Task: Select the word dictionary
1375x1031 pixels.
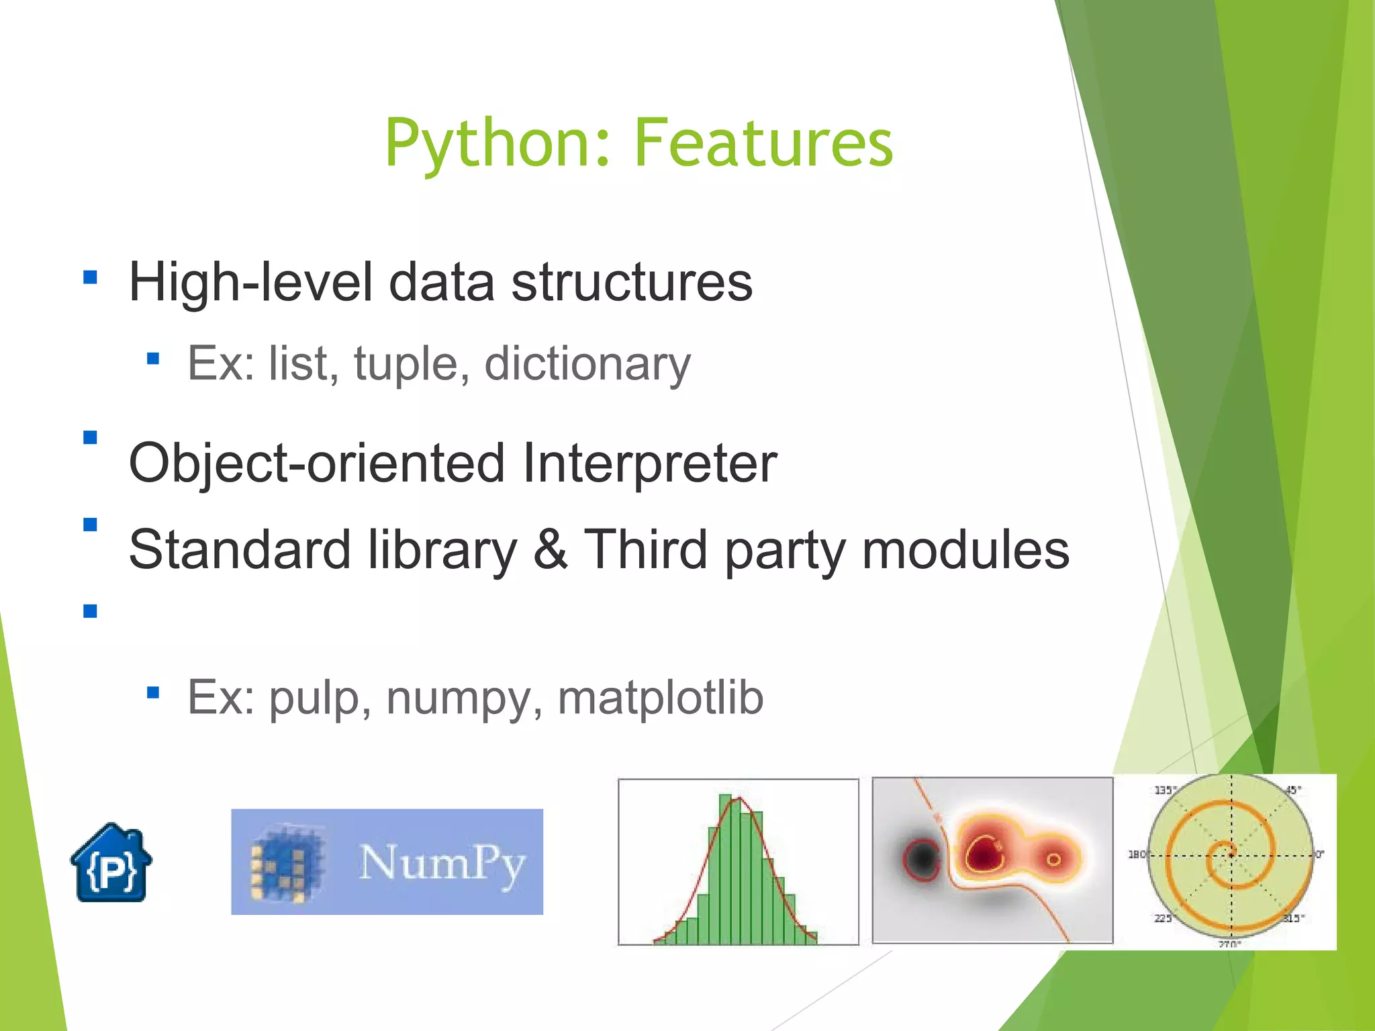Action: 587,363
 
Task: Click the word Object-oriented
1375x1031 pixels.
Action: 316,463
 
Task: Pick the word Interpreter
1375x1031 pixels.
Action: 649,463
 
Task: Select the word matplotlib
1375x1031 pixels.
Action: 661,697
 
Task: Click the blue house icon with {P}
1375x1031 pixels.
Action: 111,864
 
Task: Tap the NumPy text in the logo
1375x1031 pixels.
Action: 442,862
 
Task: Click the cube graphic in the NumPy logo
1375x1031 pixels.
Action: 285,864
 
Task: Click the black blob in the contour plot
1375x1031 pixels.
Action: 922,858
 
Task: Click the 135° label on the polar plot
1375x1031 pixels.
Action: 1164,790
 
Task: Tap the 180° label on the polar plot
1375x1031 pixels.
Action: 1137,854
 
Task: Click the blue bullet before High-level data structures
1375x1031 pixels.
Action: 90,277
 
